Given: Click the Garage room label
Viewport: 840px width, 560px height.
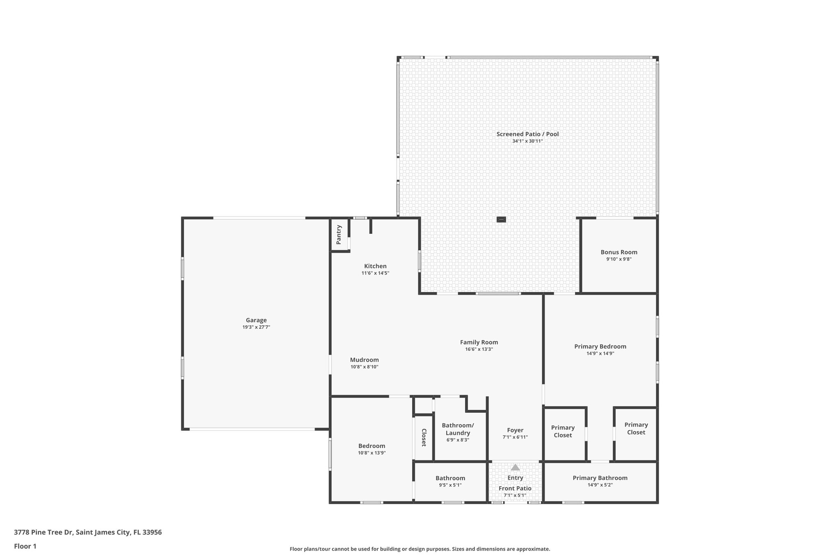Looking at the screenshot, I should [x=256, y=320].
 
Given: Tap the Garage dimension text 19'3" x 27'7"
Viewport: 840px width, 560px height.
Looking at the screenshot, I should [x=256, y=327].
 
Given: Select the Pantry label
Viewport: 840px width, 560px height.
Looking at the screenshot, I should [x=339, y=235].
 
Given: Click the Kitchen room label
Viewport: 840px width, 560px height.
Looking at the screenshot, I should [x=375, y=266].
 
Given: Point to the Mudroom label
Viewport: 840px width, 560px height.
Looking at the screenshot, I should [x=364, y=360].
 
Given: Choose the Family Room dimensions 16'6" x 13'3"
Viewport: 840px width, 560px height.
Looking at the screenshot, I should [x=479, y=350].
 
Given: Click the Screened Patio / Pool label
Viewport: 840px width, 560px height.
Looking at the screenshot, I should [x=527, y=134].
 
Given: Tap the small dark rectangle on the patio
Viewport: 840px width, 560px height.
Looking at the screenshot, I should [x=501, y=219].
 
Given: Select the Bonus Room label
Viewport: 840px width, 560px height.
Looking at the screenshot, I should [x=619, y=252].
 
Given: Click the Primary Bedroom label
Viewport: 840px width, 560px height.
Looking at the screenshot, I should [x=600, y=347].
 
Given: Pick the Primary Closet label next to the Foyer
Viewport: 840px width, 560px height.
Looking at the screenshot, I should [x=563, y=432].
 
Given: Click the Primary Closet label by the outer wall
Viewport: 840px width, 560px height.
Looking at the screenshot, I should [x=636, y=429].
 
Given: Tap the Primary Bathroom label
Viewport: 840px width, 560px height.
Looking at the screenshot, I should [x=600, y=478].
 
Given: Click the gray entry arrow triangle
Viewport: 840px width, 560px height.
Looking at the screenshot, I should [x=515, y=467].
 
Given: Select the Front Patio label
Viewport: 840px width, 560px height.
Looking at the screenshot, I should [x=515, y=488].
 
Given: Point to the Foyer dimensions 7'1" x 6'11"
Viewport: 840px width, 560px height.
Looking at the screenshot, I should [x=515, y=437].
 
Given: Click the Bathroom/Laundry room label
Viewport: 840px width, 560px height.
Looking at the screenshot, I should [x=458, y=429].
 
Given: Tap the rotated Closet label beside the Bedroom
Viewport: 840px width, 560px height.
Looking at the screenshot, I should [x=424, y=438].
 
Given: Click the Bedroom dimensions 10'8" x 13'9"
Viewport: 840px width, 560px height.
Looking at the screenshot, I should [x=372, y=453].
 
